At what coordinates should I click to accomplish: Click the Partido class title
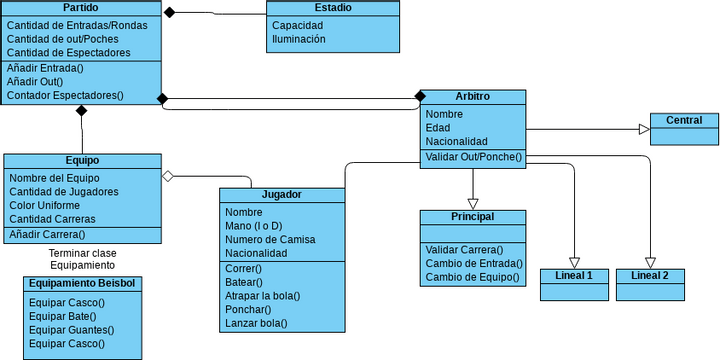pos(80,8)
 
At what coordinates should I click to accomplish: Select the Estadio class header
pos(332,8)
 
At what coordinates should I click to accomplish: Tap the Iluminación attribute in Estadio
pos(299,39)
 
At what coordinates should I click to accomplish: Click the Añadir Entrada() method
pos(45,68)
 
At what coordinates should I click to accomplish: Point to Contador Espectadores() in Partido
pos(65,96)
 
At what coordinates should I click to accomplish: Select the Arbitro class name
pos(472,96)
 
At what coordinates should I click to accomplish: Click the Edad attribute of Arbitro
pos(437,128)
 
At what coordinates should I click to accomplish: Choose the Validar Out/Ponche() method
pos(473,156)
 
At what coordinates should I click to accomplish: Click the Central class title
pos(684,120)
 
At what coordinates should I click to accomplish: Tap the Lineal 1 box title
pos(573,275)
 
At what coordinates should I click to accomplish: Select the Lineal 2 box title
pos(650,275)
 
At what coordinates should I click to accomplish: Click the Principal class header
pos(472,216)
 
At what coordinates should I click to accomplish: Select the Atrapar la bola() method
pos(263,295)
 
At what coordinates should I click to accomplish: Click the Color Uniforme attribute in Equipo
pos(52,205)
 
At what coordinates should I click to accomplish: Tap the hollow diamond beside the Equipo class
pos(168,176)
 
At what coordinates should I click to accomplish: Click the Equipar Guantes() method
pos(71,329)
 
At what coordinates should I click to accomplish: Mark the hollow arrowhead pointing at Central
pos(644,129)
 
